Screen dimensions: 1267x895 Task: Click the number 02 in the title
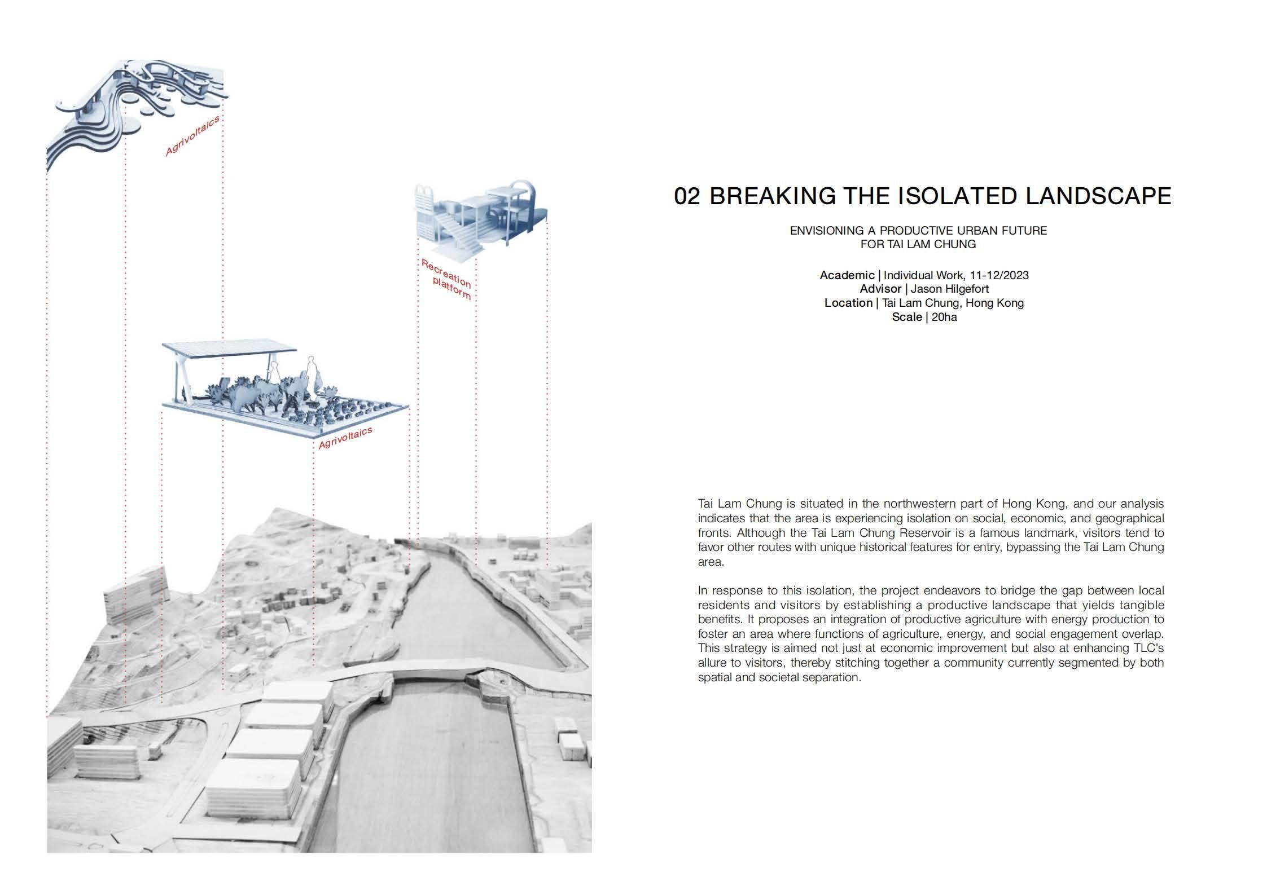tap(687, 196)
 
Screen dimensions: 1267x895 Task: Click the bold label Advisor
tap(880, 289)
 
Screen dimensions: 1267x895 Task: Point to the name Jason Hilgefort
tap(950, 289)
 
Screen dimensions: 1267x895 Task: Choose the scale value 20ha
tap(944, 317)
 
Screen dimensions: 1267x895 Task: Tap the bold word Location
tap(848, 303)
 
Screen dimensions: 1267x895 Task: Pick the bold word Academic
tap(847, 275)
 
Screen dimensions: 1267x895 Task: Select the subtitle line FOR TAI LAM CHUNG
tap(918, 244)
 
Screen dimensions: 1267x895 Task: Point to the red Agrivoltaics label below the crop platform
tap(345, 438)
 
